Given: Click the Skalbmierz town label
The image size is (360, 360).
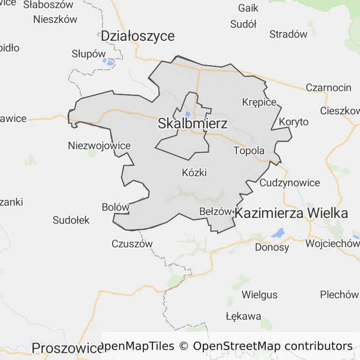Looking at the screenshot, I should coord(193,124).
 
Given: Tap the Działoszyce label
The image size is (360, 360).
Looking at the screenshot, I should coord(138,36).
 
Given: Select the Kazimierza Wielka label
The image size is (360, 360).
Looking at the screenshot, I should coord(291,213).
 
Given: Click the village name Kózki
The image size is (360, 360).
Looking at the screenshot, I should coord(194,172).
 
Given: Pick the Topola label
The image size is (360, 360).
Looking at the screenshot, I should coord(249,151).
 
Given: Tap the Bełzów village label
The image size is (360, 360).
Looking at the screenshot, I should coord(216,211).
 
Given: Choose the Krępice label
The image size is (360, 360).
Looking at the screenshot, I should coord(259,102).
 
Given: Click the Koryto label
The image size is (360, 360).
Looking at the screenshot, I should coord(294,122).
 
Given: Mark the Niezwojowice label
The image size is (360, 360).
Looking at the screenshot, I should coord(99,145).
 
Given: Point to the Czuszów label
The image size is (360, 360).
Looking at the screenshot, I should coord(132,244).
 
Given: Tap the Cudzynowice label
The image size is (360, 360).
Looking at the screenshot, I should coord(290,183).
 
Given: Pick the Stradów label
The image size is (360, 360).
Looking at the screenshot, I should coord(288,34).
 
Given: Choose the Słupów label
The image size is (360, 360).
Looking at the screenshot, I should coord(89,53).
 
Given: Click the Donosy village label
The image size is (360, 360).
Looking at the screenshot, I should coord(272,247).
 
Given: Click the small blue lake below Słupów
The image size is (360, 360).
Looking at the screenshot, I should coord(109,61).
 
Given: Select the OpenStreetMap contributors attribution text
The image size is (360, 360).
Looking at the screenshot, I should coord(273,346).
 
